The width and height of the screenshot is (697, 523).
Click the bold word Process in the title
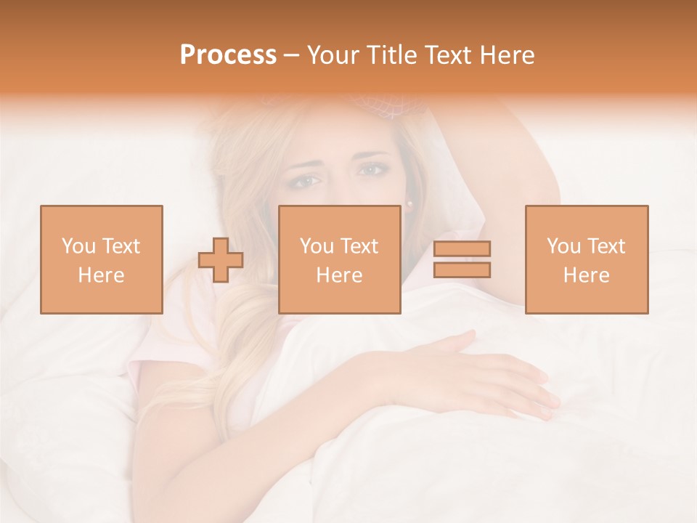pyautogui.click(x=228, y=55)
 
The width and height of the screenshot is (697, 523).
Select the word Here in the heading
pyautogui.click(x=505, y=55)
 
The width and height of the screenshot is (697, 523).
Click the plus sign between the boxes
pyautogui.click(x=221, y=260)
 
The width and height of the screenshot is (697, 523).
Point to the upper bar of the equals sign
pyautogui.click(x=462, y=249)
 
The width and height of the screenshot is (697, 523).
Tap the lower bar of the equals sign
pyautogui.click(x=462, y=270)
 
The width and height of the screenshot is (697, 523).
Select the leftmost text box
pyautogui.click(x=102, y=259)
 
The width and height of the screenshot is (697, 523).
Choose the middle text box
pyautogui.click(x=340, y=259)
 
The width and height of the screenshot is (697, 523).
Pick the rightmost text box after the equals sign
pyautogui.click(x=587, y=259)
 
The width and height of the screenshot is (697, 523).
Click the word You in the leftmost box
pyautogui.click(x=78, y=246)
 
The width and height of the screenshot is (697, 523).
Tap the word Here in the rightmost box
pyautogui.click(x=587, y=275)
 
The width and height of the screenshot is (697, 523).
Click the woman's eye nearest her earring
pyautogui.click(x=372, y=170)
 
